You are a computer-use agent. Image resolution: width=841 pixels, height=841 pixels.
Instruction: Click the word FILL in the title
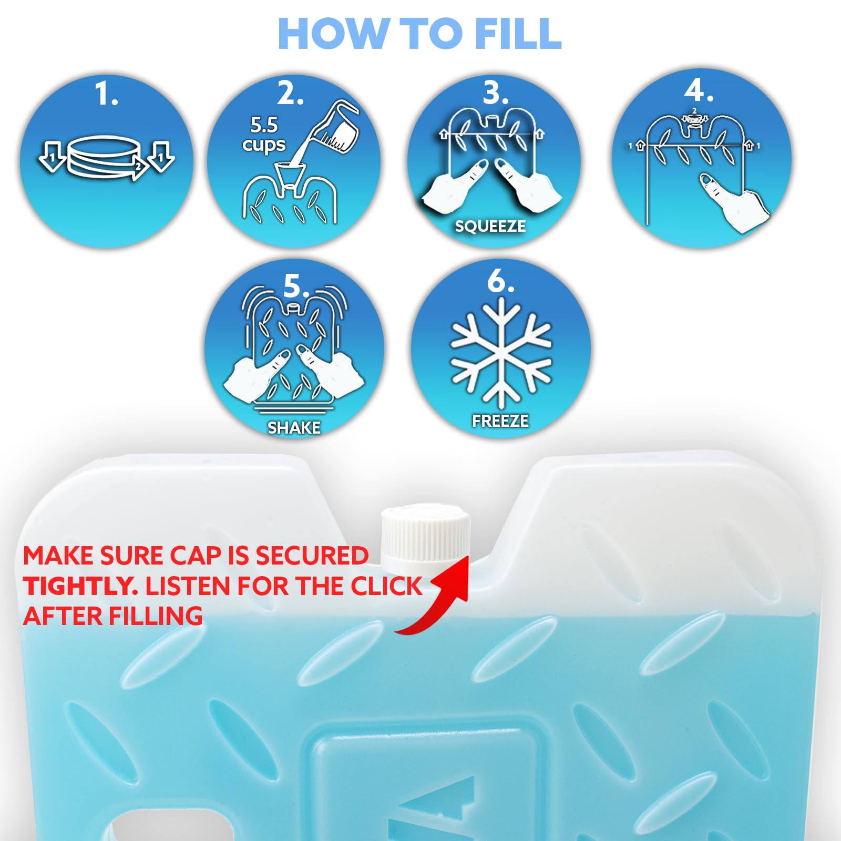[518, 34]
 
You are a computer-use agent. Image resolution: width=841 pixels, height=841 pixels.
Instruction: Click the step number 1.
[106, 94]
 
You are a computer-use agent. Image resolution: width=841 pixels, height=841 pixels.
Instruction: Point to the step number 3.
[496, 93]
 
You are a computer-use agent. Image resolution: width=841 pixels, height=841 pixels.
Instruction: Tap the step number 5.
[296, 286]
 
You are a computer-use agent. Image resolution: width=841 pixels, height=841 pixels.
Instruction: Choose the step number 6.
[500, 281]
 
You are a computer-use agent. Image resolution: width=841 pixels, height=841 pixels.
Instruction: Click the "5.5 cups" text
[264, 135]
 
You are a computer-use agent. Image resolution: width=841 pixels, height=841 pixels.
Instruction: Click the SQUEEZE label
[490, 226]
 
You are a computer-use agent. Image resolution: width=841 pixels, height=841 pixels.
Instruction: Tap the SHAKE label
[294, 428]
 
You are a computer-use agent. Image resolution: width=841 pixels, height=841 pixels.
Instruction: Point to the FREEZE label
[500, 421]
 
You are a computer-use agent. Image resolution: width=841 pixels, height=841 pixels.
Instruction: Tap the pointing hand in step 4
[733, 202]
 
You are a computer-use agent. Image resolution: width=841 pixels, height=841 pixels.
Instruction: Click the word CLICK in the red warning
[386, 586]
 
